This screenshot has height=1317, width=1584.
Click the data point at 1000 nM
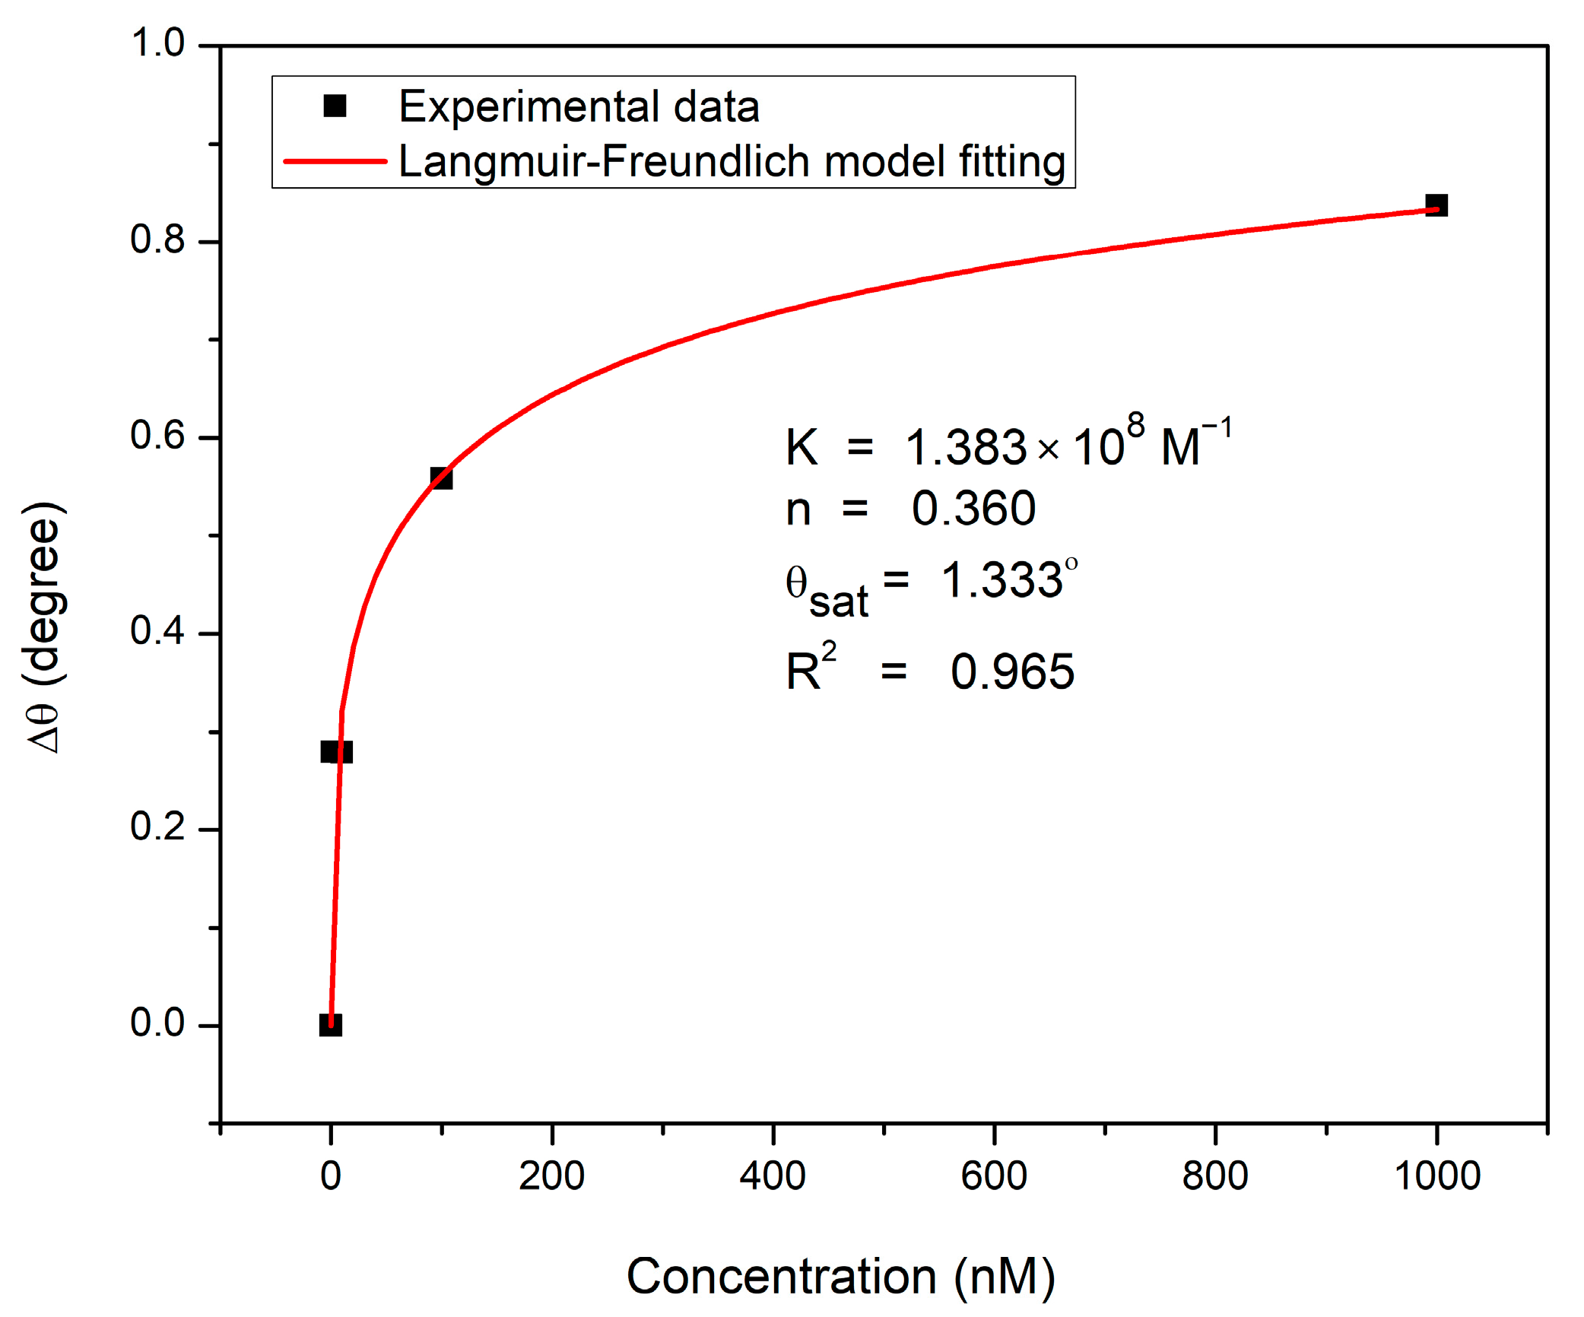[1436, 205]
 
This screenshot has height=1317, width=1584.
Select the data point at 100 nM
[441, 478]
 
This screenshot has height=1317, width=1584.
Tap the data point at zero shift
[330, 1025]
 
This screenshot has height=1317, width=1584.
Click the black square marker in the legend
[335, 106]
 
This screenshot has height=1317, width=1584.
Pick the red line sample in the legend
[335, 161]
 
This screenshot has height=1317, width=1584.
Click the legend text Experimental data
[579, 106]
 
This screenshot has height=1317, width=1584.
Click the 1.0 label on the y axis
[157, 43]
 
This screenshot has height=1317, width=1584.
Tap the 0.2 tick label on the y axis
[157, 827]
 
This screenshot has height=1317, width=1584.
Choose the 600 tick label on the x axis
[993, 1176]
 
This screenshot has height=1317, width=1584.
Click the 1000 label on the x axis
[1436, 1176]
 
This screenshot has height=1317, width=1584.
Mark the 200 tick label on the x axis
[551, 1176]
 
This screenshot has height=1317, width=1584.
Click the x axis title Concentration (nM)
[840, 1276]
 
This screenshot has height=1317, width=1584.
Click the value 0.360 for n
[973, 508]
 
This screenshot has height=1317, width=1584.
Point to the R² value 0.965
[1012, 672]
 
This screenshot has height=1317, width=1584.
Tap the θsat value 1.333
[1002, 580]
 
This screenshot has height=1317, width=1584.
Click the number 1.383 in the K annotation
[966, 447]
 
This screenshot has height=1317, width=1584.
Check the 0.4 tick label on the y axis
[157, 631]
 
